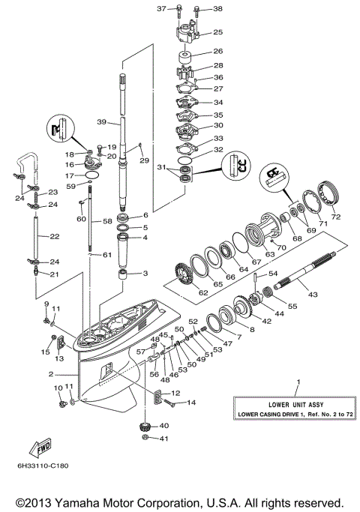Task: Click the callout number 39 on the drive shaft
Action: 102,121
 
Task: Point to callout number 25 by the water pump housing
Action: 218,32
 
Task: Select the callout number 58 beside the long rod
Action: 107,222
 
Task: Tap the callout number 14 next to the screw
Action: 191,403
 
